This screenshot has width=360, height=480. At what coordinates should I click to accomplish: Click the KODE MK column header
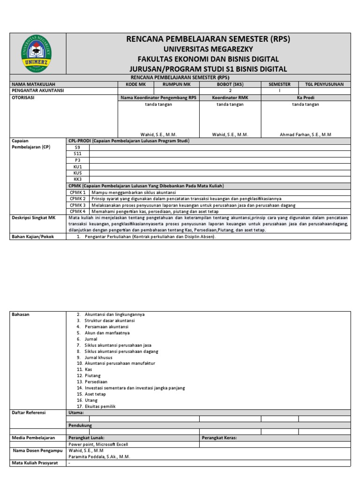(x=135, y=84)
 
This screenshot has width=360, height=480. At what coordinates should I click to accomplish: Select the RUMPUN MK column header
(x=176, y=84)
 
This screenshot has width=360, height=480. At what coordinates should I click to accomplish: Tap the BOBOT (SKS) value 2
(x=230, y=91)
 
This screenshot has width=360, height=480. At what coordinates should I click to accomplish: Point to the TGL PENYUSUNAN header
(x=324, y=84)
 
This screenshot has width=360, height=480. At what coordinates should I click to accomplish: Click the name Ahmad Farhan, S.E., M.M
(x=305, y=135)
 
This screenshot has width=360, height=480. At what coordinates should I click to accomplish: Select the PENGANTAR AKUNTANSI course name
(x=38, y=91)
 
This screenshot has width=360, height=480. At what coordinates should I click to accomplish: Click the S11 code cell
(x=78, y=153)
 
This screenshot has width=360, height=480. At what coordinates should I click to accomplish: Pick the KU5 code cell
(x=78, y=172)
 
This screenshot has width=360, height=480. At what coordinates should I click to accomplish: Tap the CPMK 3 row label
(x=78, y=205)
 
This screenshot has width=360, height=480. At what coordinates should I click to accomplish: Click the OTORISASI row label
(x=23, y=98)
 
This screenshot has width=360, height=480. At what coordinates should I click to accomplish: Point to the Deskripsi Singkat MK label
(x=33, y=218)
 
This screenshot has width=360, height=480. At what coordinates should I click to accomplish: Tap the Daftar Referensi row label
(x=29, y=412)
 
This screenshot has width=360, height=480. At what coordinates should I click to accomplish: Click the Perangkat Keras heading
(x=219, y=438)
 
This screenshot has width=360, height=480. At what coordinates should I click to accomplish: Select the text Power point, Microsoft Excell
(x=98, y=444)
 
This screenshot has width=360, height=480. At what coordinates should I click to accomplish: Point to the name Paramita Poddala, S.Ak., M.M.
(x=99, y=457)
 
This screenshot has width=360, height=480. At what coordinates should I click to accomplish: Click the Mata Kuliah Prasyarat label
(x=35, y=463)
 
